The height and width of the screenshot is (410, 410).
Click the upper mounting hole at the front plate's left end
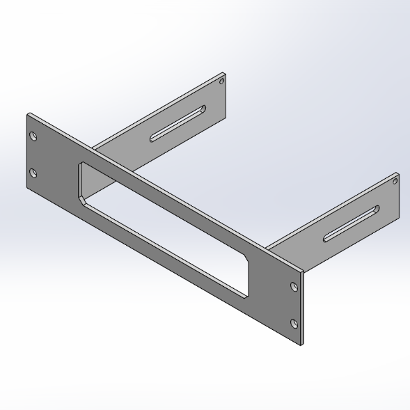coord(31,137)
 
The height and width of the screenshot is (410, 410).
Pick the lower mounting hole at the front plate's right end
coord(294,322)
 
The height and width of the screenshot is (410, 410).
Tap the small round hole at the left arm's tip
coord(222,82)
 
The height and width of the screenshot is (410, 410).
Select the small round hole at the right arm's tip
coord(395,181)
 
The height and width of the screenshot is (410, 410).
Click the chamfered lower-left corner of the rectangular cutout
coord(84,200)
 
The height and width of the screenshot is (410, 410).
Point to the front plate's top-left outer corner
coord(27,113)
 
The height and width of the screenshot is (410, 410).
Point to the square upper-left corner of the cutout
coord(81,164)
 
